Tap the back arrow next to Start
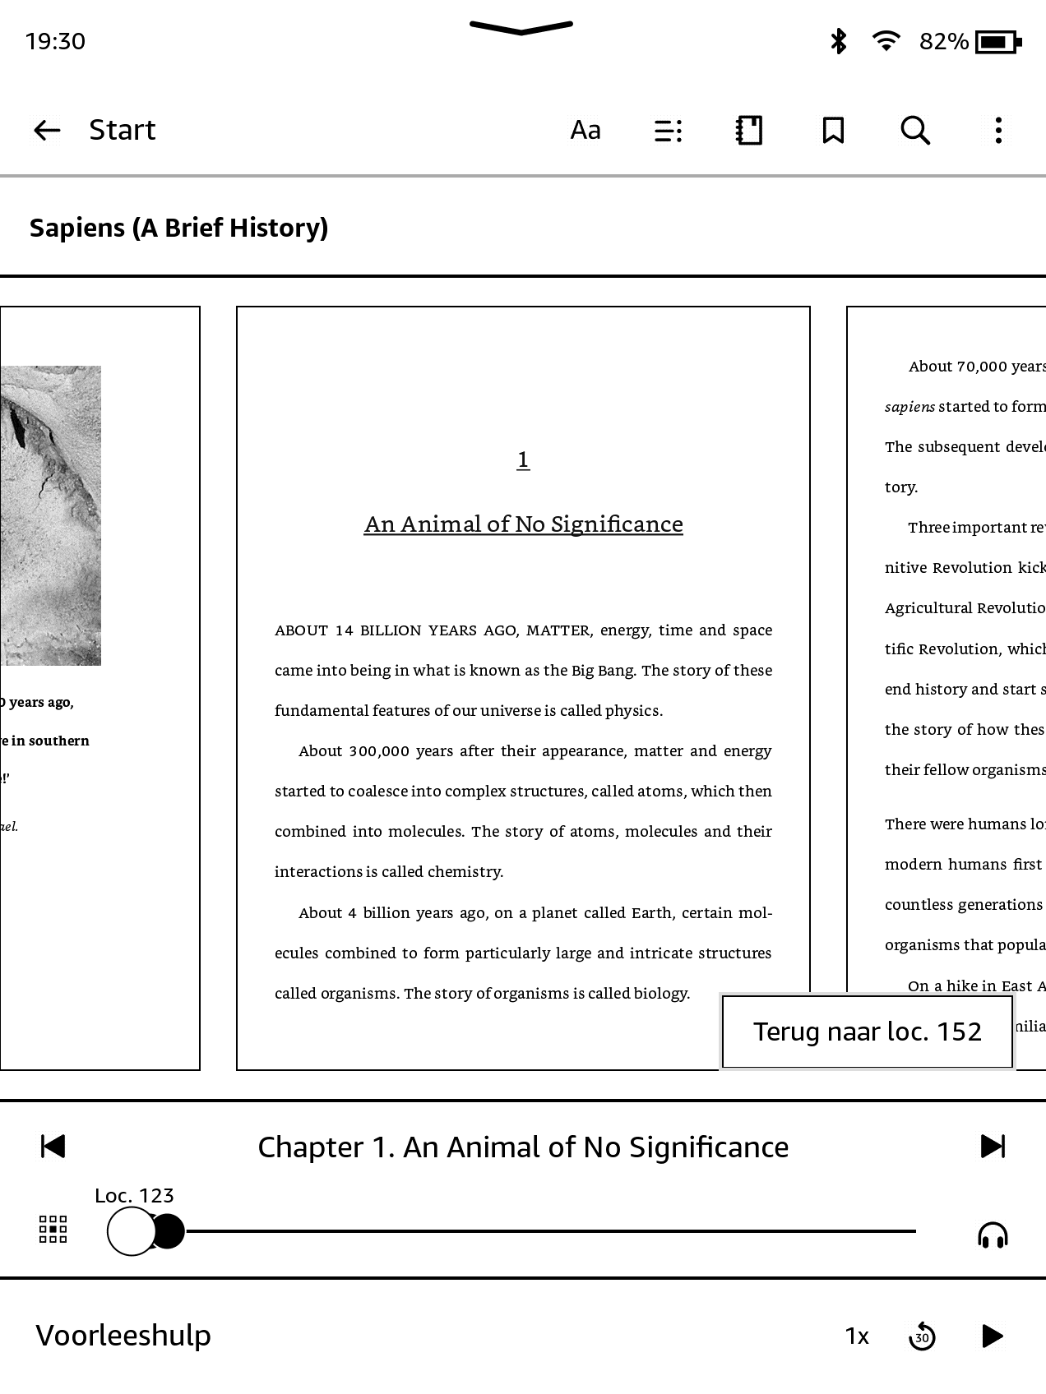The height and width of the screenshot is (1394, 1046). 47,130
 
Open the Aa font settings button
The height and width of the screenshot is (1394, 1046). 585,130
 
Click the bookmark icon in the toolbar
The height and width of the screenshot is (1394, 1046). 833,130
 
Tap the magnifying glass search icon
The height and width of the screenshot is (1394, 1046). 915,130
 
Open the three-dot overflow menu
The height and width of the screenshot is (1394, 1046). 998,130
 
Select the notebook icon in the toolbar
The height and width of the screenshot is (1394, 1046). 749,130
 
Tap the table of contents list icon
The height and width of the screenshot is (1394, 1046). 668,130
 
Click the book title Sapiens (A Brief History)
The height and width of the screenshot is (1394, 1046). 178,228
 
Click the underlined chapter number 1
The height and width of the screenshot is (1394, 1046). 523,459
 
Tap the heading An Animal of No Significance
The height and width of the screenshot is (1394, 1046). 523,524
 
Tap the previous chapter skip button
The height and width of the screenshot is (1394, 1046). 53,1146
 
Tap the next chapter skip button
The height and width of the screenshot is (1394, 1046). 993,1146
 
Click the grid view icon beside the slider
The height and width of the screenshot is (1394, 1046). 53,1230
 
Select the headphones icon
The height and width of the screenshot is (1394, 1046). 993,1235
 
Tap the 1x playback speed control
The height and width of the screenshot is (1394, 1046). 857,1336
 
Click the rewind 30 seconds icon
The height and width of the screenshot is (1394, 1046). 922,1336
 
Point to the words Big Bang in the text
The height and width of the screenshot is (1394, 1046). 603,671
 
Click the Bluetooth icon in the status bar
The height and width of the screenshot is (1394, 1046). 838,41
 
